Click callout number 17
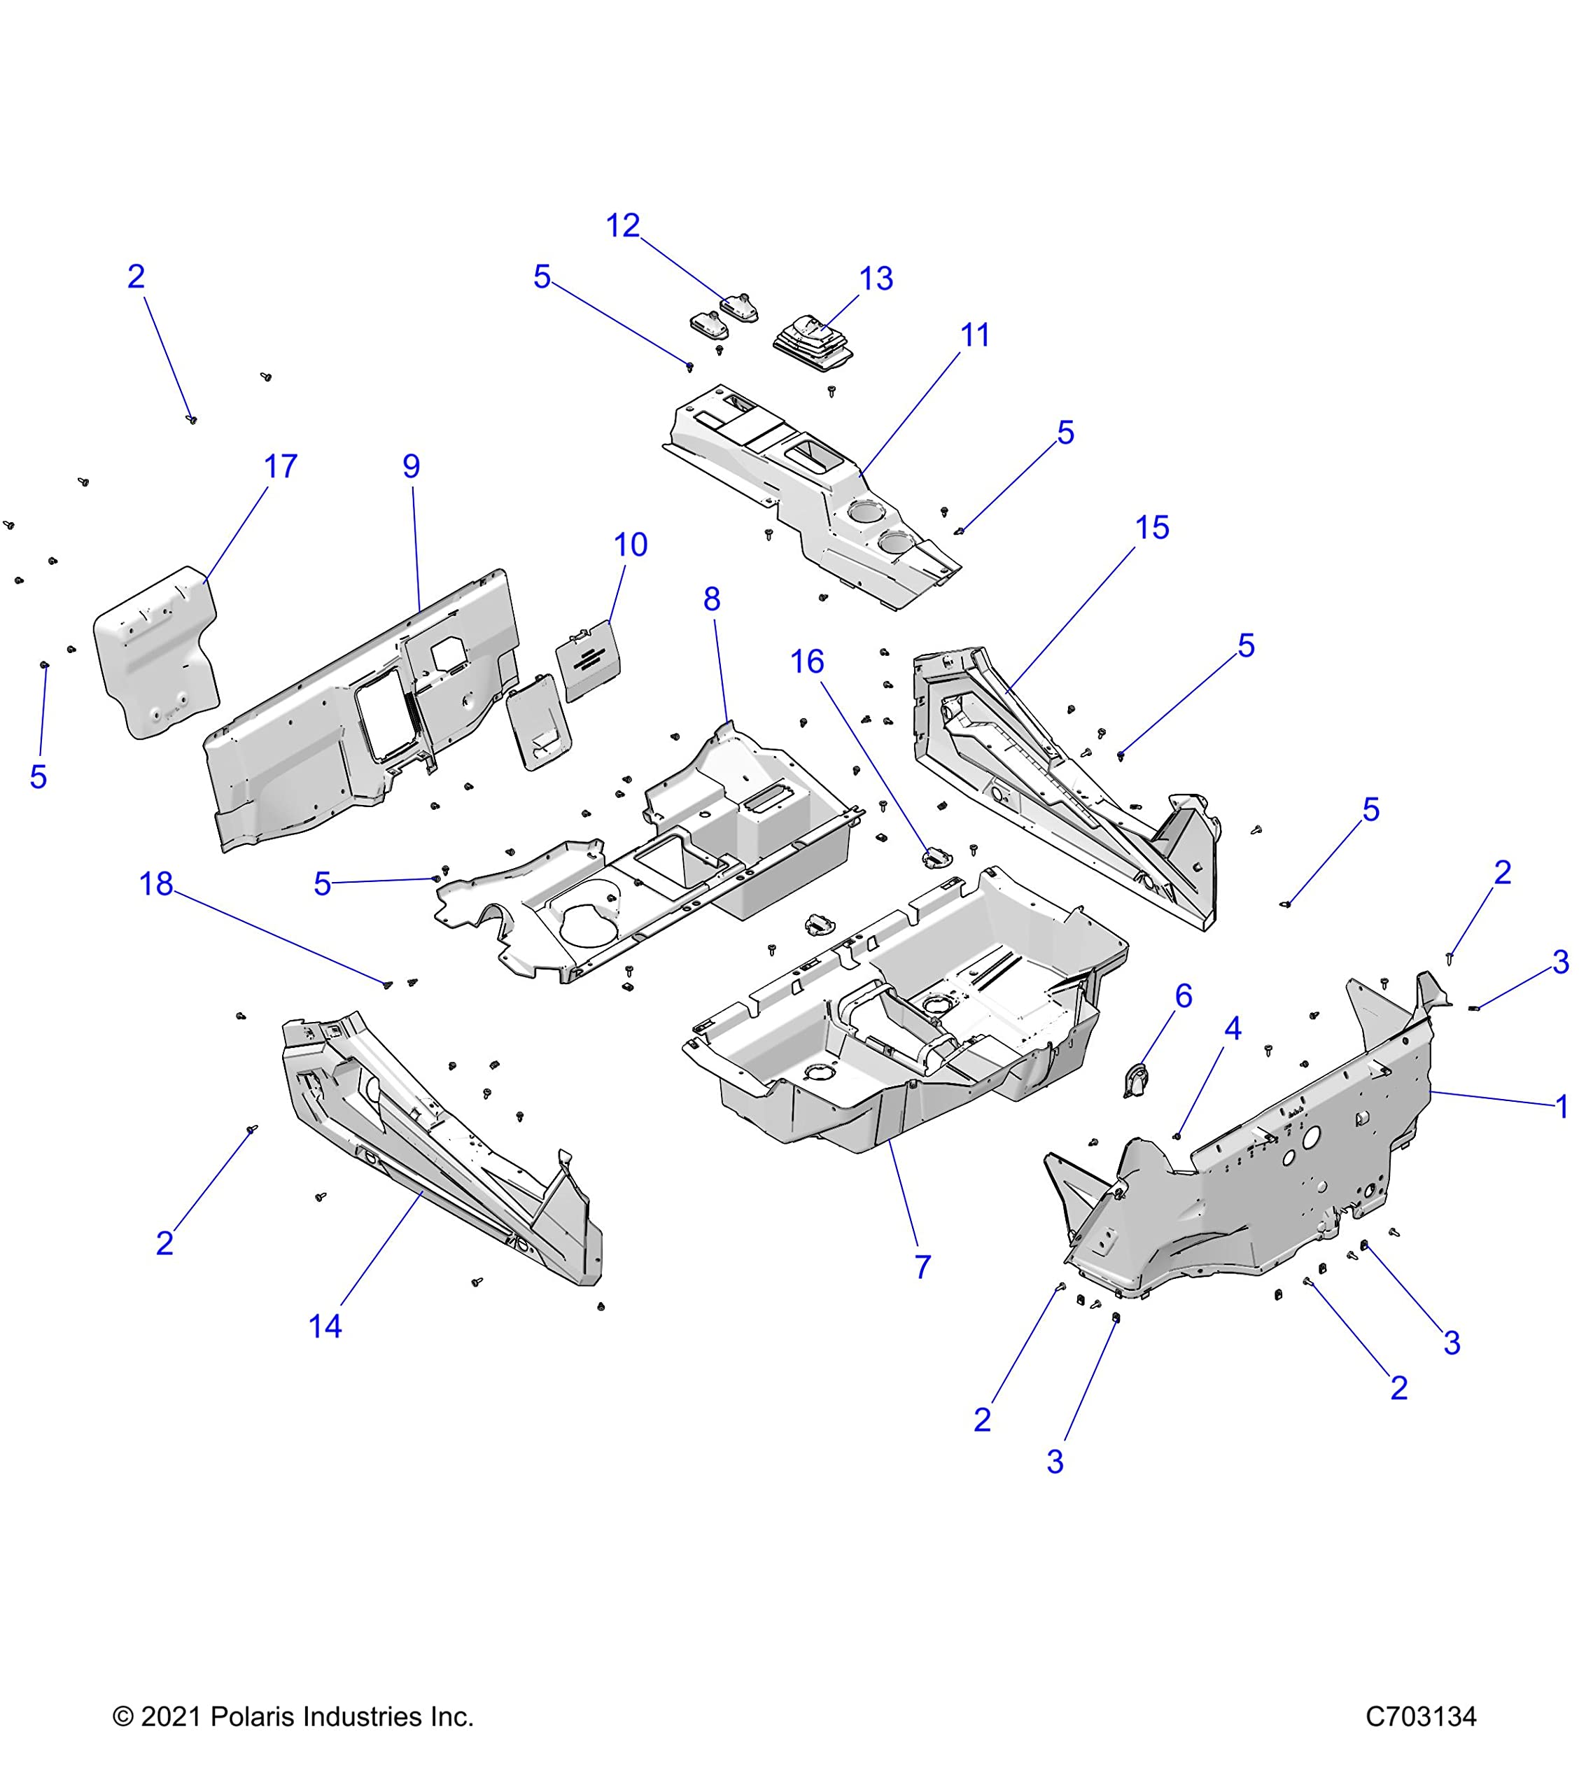pyautogui.click(x=281, y=466)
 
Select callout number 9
pyautogui.click(x=411, y=466)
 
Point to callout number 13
pyautogui.click(x=876, y=279)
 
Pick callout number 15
pyautogui.click(x=1152, y=528)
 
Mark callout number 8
pyautogui.click(x=712, y=600)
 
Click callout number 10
pyautogui.click(x=631, y=545)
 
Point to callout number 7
pyautogui.click(x=922, y=1267)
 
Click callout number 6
pyautogui.click(x=1184, y=996)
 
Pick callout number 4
pyautogui.click(x=1233, y=1029)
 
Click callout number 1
pyautogui.click(x=1562, y=1107)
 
